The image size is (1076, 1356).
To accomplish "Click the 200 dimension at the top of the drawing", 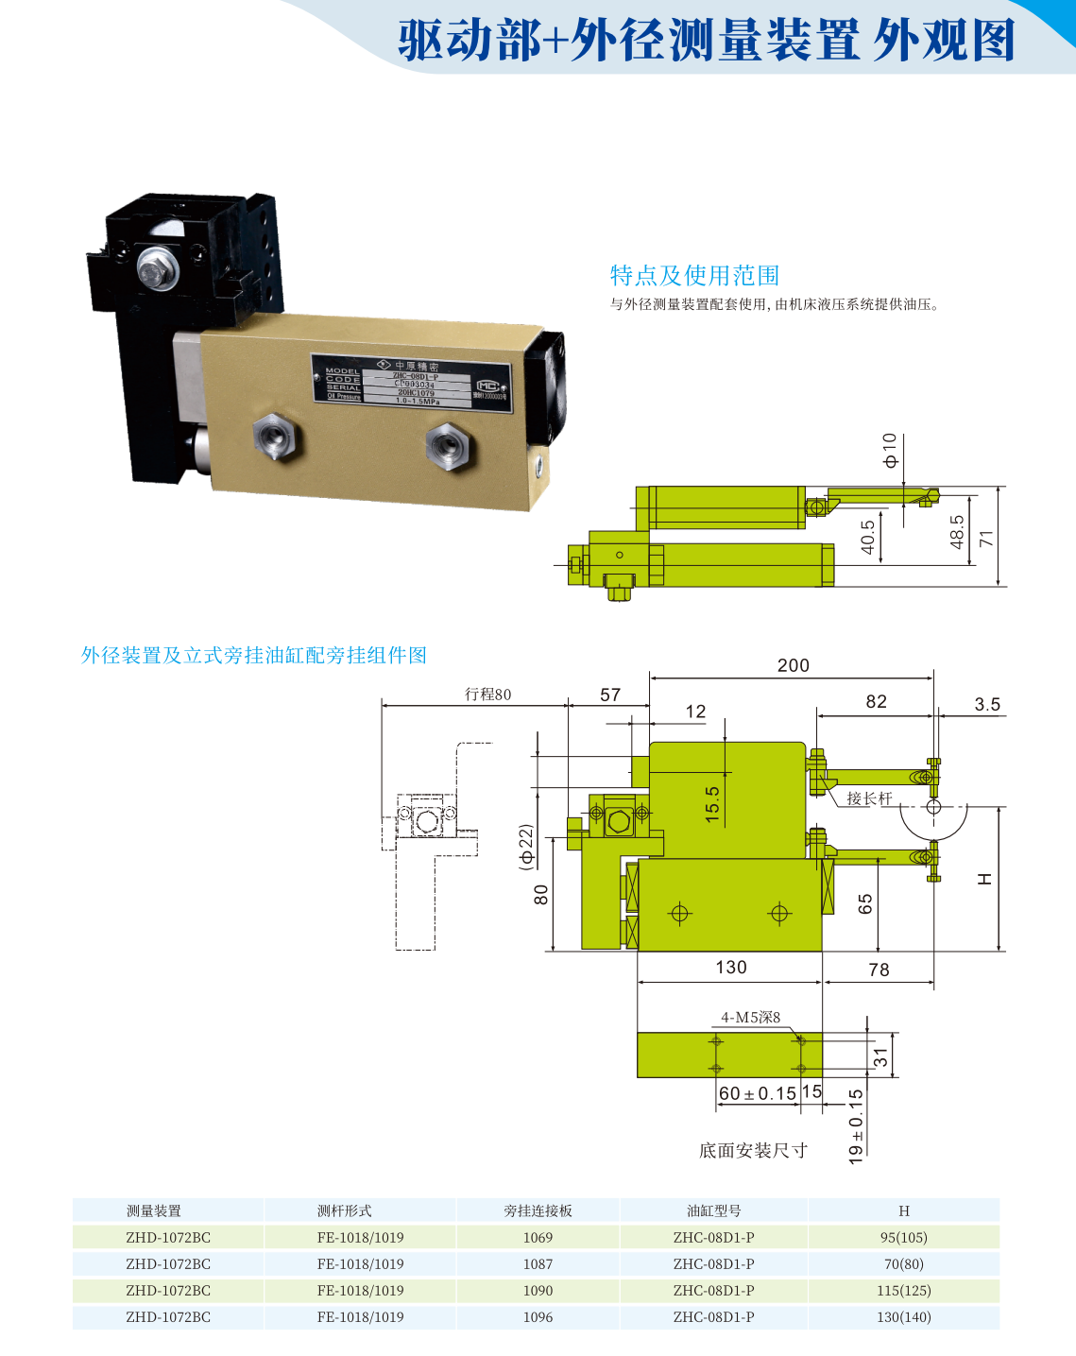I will coord(793,665).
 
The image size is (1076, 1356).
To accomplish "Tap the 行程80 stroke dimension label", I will coord(487,695).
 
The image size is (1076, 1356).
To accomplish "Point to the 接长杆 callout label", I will coord(869,798).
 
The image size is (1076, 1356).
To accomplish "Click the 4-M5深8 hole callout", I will coord(750,1018).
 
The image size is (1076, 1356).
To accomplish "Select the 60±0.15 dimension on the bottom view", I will coord(758,1093).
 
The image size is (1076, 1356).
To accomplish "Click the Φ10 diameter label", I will coord(889,451).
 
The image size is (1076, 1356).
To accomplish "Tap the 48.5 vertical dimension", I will coord(957,532).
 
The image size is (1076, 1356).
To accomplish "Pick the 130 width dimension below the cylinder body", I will coord(731,967).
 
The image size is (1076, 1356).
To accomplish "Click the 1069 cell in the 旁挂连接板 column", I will coord(538,1237).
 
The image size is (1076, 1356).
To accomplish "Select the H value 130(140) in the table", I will coord(903,1316).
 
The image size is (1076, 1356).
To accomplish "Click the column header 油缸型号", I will coord(713,1210).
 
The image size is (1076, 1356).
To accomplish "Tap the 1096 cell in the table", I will coord(538,1316).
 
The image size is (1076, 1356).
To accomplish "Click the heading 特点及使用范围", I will coord(694,275).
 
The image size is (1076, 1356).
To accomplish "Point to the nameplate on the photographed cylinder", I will coord(413,381).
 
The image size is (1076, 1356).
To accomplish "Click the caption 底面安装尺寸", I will coord(753,1150).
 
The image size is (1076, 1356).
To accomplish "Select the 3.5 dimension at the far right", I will coord(987,704).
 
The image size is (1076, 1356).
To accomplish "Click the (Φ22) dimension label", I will coord(526,846).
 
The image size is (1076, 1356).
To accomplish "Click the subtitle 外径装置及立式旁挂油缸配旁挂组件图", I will coord(254,655).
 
